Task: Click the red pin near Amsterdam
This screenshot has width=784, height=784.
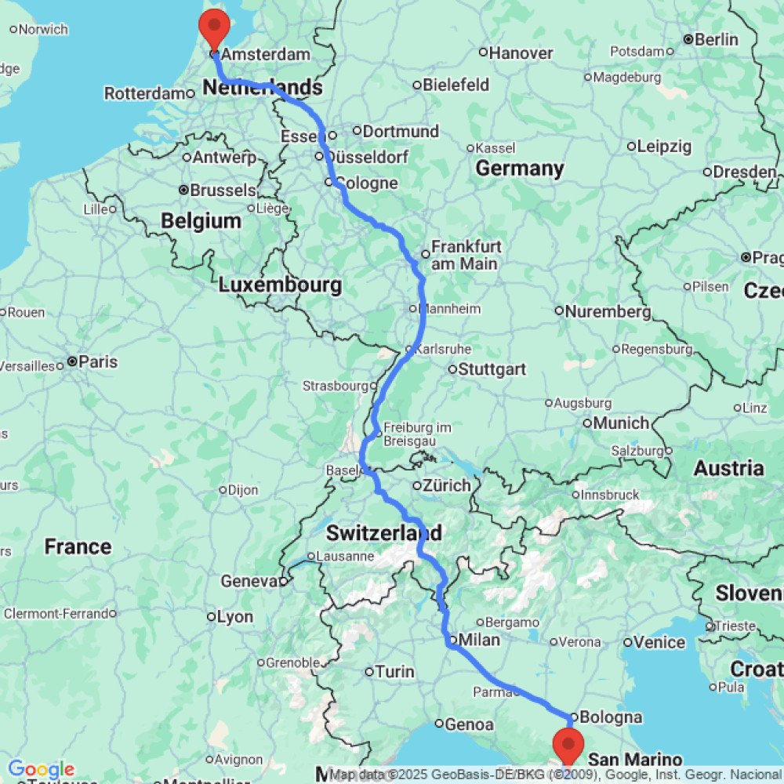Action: pos(213,28)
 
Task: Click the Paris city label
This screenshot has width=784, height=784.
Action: pos(97,362)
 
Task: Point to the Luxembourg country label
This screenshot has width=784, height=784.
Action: pos(280,285)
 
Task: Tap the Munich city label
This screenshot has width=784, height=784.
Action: pos(621,423)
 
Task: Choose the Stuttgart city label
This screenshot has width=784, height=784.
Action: pos(492,369)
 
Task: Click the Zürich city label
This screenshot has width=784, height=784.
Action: pos(447,485)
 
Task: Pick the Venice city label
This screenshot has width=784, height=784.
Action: pos(659,643)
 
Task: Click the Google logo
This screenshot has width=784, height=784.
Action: pos(41,770)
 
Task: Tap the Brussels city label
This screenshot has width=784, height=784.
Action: pos(223,190)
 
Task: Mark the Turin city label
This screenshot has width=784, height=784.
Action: pos(395,672)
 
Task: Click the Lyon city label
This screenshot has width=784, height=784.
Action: pos(235,617)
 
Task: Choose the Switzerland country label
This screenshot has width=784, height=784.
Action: pos(383,533)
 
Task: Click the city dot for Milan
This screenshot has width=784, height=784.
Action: pos(452,640)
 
